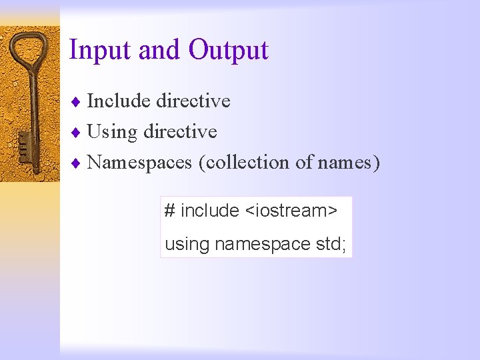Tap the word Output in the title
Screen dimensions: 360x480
[228, 50]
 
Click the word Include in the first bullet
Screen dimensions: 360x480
[119, 101]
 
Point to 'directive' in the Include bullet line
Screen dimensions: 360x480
[193, 101]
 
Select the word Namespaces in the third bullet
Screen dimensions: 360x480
[140, 163]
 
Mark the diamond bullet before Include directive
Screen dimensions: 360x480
[77, 101]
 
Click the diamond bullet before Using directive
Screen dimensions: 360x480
[77, 132]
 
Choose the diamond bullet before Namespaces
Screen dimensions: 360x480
[77, 163]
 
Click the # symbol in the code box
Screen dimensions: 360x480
[170, 211]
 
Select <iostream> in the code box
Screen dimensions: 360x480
[291, 211]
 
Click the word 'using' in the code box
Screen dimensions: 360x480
[187, 245]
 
